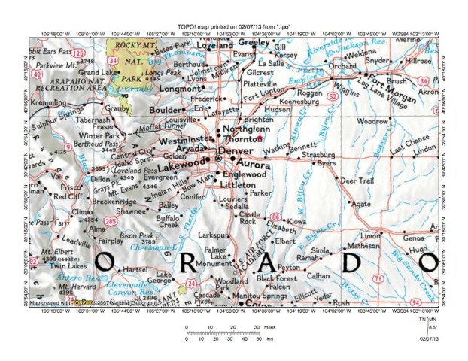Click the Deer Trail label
point(357,181)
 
